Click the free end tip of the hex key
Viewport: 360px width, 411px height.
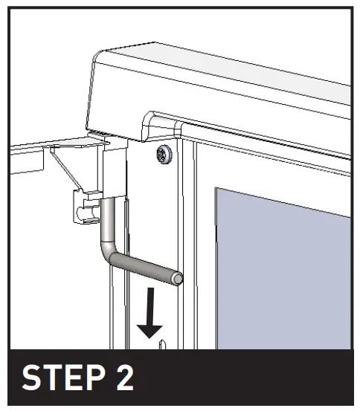click(x=178, y=279)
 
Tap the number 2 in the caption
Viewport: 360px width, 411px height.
click(x=124, y=379)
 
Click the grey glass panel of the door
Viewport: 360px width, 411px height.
click(x=283, y=275)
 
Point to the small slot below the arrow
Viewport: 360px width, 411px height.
click(x=161, y=344)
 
